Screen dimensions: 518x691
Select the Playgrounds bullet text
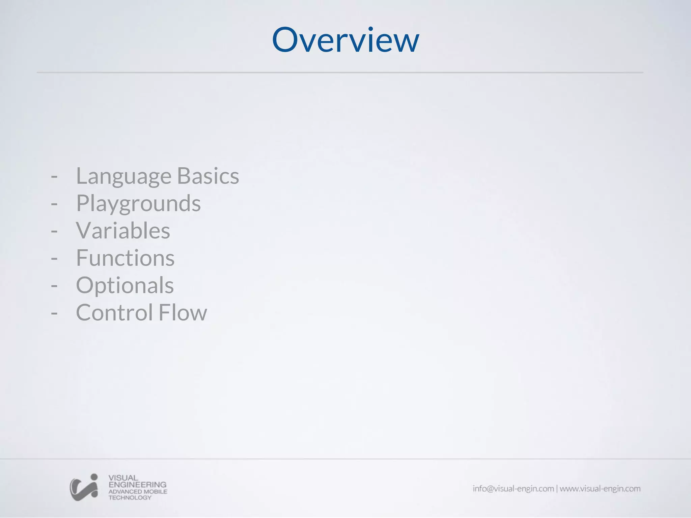tap(138, 204)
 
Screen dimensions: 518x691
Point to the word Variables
tap(123, 231)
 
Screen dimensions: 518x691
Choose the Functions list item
tap(125, 258)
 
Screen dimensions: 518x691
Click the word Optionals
tap(125, 286)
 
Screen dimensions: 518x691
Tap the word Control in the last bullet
tap(114, 313)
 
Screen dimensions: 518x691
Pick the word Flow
tap(183, 313)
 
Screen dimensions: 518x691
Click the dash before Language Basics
tap(54, 176)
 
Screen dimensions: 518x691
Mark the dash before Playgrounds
tap(54, 204)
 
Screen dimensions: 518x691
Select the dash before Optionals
tap(54, 286)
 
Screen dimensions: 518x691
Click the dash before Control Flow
tap(54, 313)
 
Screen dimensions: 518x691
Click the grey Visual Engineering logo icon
tap(84, 487)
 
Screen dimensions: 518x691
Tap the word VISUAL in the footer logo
tap(123, 478)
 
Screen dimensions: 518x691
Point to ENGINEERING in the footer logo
tap(137, 485)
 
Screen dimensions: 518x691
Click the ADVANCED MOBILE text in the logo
tap(138, 491)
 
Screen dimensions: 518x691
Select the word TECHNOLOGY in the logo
tap(130, 498)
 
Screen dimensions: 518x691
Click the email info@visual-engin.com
tap(513, 489)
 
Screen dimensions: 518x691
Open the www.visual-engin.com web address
tap(600, 489)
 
